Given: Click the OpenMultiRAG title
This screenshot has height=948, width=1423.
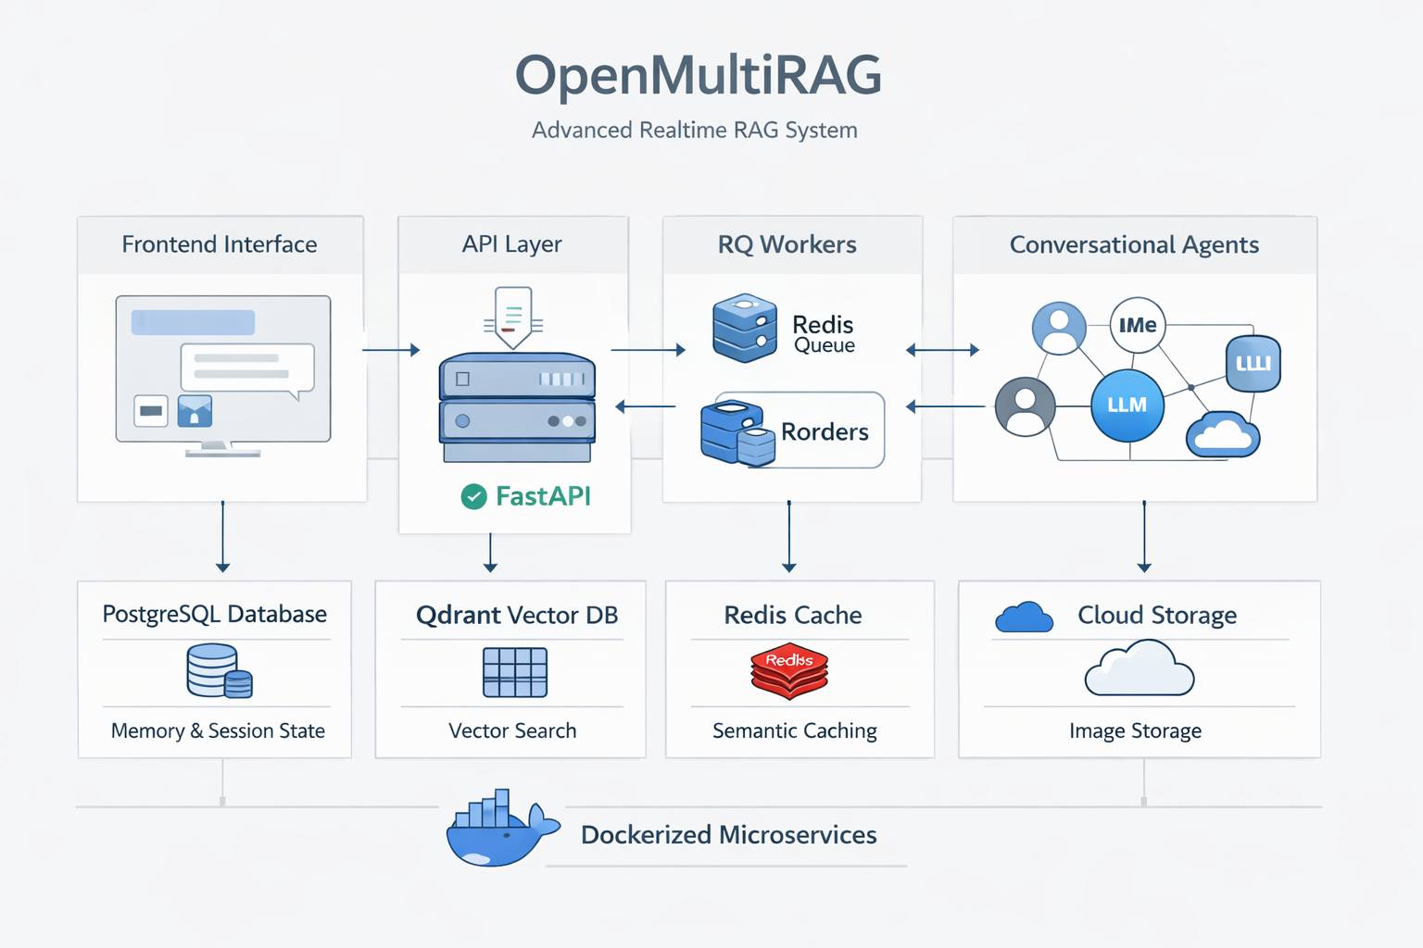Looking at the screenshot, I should click(x=698, y=75).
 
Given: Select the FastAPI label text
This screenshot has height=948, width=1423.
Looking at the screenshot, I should click(x=543, y=496).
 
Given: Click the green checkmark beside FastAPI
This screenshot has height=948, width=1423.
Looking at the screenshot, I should click(x=473, y=497).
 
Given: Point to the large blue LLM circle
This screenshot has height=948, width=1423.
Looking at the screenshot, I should click(x=1127, y=405).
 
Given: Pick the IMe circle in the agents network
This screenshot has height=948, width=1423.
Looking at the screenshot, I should click(x=1137, y=325).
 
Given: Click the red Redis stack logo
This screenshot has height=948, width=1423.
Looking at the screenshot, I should click(x=788, y=671).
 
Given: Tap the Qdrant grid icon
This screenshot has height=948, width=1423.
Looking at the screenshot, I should click(x=515, y=672).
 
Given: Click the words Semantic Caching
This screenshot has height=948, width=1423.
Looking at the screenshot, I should click(x=794, y=730).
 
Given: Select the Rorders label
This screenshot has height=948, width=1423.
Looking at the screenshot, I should click(x=825, y=431).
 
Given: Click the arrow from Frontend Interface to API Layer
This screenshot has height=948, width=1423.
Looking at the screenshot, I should click(x=391, y=350).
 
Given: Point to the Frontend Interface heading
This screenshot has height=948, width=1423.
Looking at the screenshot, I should click(x=220, y=244).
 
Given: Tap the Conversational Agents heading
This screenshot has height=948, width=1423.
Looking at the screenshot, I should click(x=1134, y=244).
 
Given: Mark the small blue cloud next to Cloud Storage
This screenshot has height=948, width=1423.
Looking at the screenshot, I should click(x=1023, y=617).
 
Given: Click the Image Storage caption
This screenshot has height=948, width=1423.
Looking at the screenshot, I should click(x=1135, y=730).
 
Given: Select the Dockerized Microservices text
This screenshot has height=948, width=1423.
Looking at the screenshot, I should click(x=728, y=835).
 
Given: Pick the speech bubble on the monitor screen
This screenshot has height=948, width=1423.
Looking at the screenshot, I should click(x=246, y=368).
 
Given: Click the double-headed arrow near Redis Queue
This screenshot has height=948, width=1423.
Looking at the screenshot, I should click(x=942, y=350).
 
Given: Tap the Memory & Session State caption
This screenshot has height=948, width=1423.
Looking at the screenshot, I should click(x=218, y=730).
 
